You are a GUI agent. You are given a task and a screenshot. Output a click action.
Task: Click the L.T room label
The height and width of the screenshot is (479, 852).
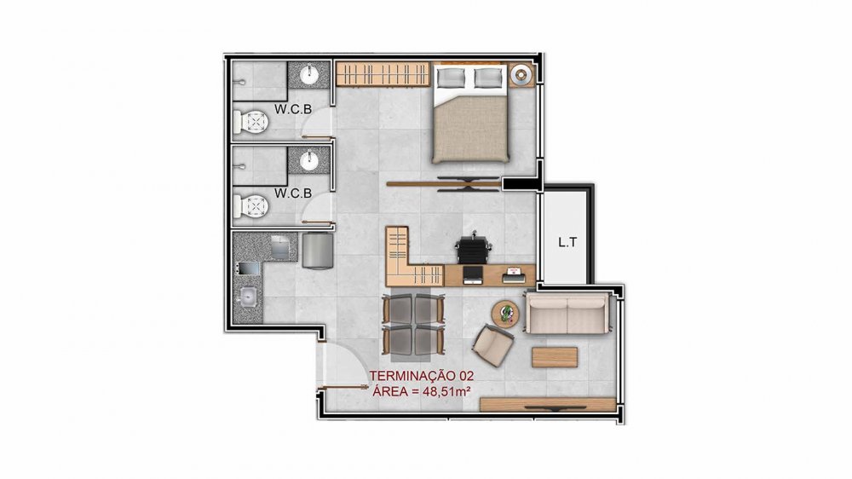click(567, 243)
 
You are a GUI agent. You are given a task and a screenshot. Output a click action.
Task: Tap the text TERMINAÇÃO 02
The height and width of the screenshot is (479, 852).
click(422, 376)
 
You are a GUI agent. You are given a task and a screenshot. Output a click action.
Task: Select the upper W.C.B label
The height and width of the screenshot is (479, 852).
click(293, 109)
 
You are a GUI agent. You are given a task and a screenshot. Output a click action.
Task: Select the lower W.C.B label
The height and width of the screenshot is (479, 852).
click(293, 193)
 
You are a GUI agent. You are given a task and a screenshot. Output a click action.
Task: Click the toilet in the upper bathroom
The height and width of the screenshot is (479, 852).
click(250, 123)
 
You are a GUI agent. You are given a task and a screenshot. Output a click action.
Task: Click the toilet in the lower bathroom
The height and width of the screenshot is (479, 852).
click(250, 206)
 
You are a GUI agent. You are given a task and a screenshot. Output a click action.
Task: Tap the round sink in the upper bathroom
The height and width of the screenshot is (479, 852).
click(310, 74)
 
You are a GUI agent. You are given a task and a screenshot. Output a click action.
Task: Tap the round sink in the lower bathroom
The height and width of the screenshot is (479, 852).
click(310, 160)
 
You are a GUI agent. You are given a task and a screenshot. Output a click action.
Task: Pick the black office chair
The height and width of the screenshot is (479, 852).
click(473, 249)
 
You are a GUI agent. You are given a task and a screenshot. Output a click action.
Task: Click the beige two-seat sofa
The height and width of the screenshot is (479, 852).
click(568, 313)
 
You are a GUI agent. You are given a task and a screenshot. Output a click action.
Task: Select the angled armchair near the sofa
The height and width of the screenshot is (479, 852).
click(492, 344)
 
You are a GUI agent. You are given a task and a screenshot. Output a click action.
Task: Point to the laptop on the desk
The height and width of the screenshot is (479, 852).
click(472, 274)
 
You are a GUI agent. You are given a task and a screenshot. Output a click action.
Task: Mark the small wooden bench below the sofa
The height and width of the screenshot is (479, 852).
click(555, 357)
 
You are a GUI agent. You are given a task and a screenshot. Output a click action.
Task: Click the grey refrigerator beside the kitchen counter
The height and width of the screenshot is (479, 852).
click(318, 251)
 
